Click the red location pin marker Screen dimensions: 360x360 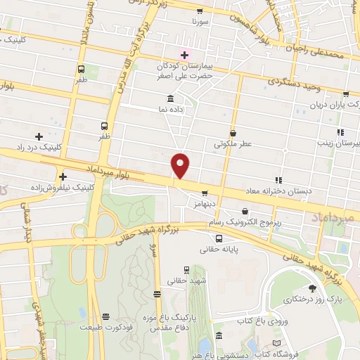click(181, 165)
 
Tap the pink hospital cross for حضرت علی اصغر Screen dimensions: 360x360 click(186, 54)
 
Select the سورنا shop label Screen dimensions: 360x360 click(201, 22)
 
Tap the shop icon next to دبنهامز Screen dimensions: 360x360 click(205, 193)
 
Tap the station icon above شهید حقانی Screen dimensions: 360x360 click(186, 269)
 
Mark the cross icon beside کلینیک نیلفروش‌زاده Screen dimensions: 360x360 click(63, 176)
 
